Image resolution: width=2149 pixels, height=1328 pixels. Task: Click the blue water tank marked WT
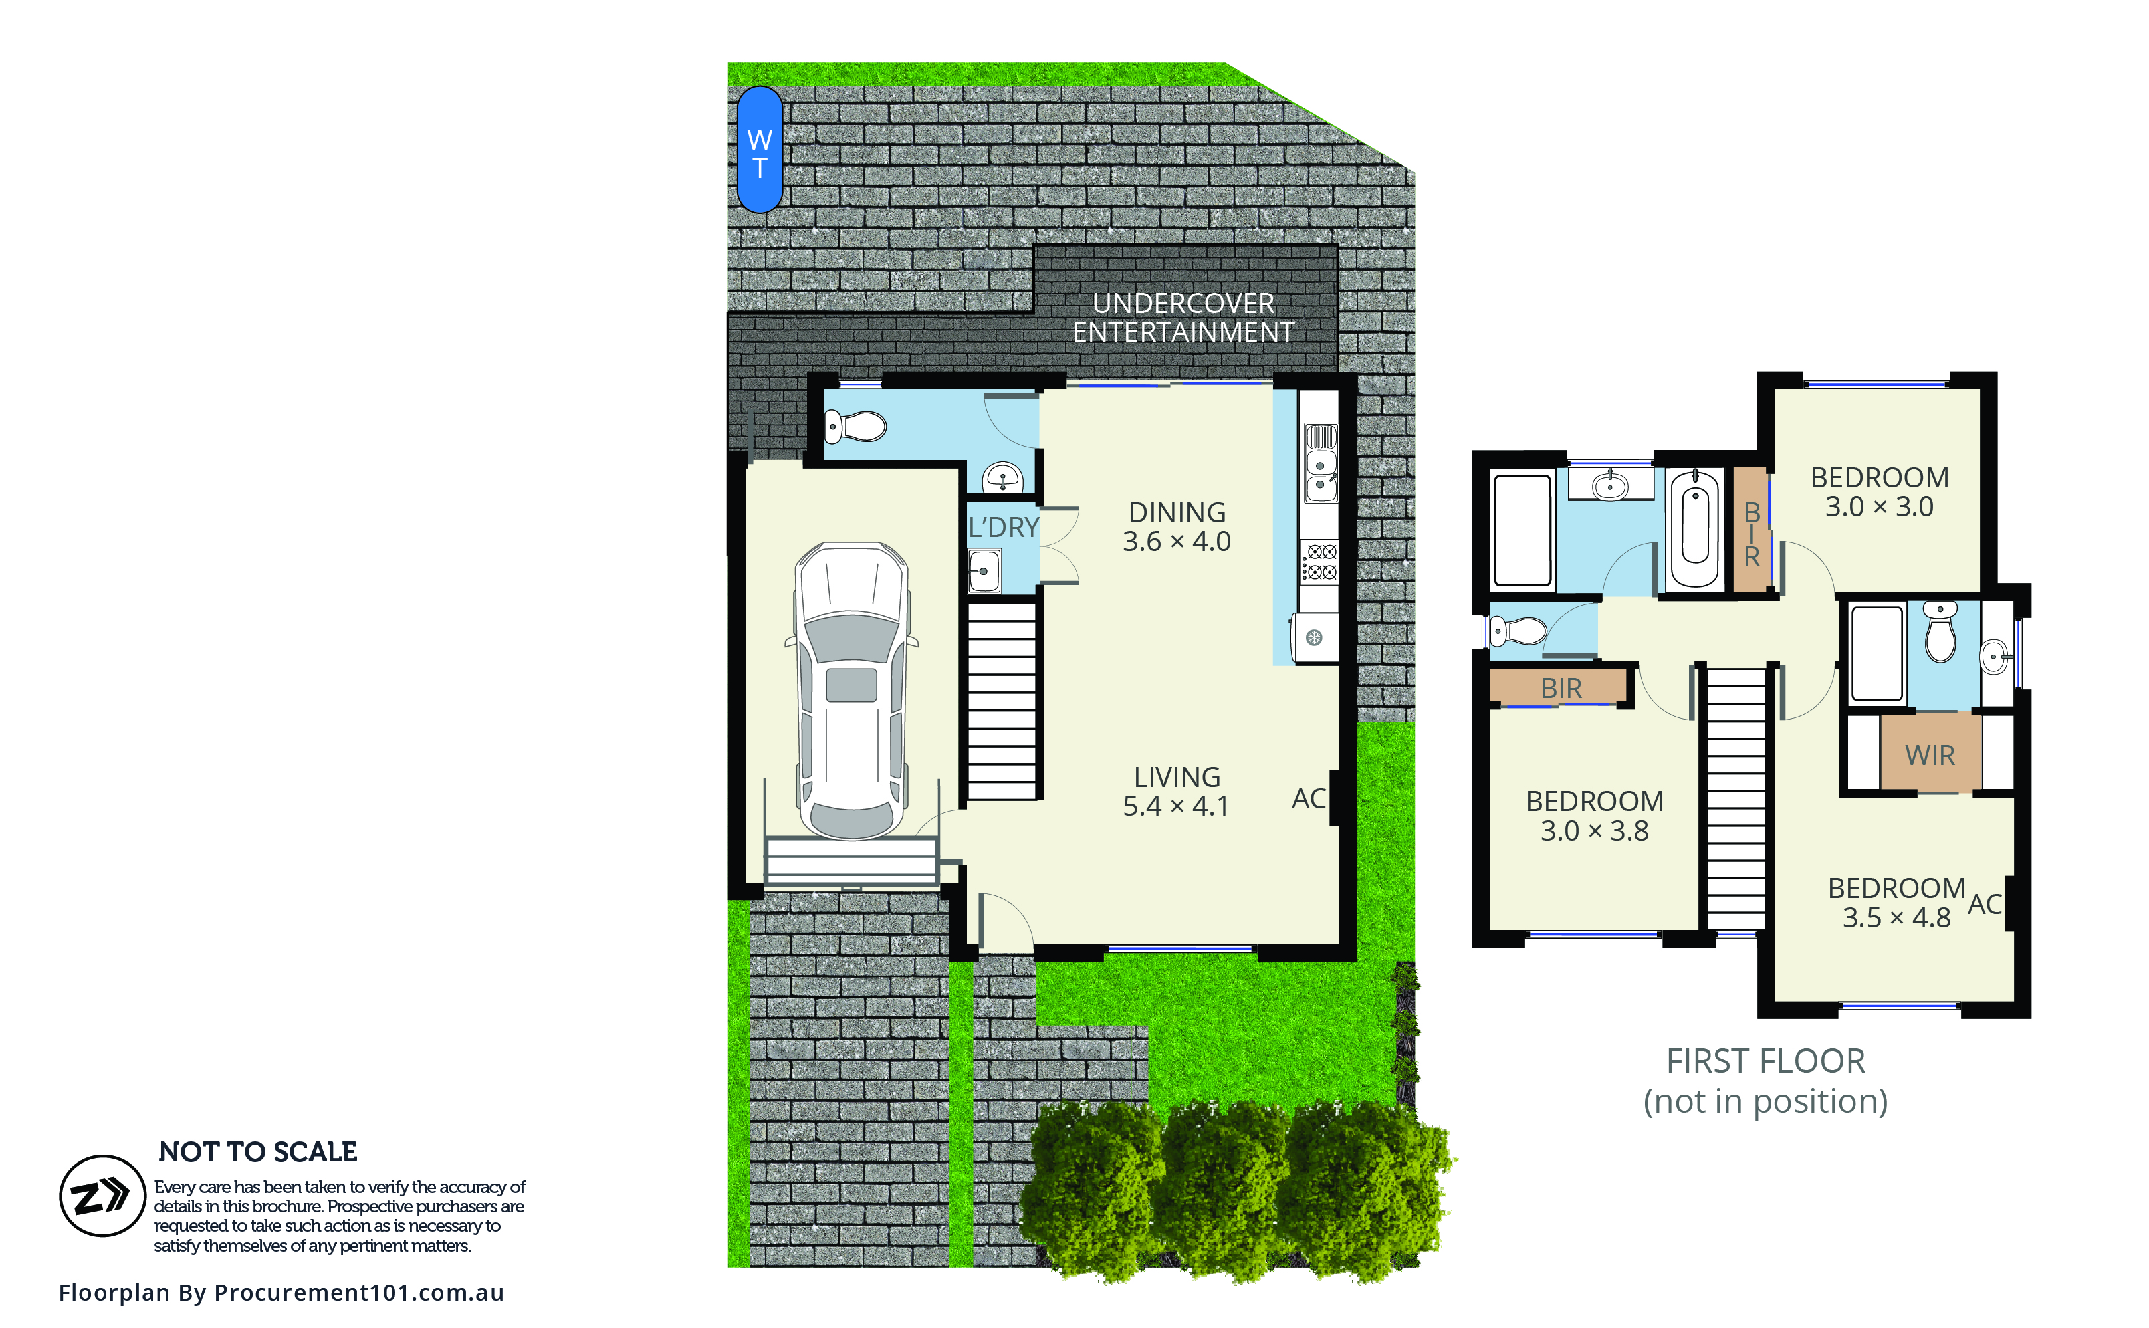(760, 149)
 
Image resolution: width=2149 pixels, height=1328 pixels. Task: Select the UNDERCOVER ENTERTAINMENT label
(1183, 317)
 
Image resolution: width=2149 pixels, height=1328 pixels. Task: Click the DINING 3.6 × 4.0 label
(1177, 526)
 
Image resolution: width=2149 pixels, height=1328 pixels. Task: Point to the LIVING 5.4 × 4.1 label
(1177, 791)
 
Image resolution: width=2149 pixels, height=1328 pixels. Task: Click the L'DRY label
(1003, 527)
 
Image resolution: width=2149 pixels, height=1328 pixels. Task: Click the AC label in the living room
(1309, 798)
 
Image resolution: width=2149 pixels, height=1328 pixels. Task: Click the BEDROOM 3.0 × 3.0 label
(1880, 492)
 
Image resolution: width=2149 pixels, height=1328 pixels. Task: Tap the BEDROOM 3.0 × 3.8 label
(1594, 816)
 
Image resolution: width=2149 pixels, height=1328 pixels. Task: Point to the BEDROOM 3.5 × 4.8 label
(1896, 903)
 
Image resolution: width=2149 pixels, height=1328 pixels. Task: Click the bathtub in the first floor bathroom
(1694, 529)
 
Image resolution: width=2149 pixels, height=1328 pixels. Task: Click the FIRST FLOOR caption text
(1765, 1061)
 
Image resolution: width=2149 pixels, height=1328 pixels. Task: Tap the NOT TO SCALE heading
(258, 1151)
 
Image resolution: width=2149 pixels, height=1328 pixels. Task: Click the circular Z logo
(102, 1196)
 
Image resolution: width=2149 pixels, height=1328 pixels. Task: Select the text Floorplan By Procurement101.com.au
(281, 1293)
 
